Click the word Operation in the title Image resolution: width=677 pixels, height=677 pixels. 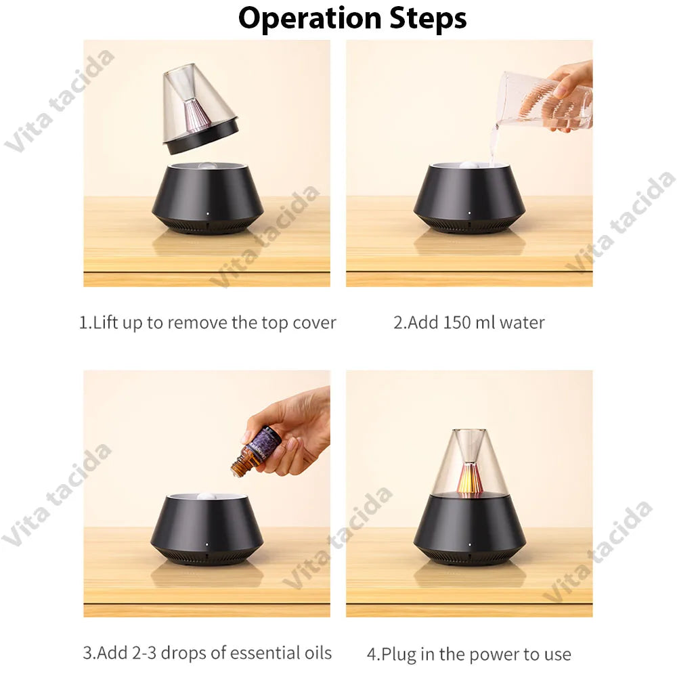point(308,19)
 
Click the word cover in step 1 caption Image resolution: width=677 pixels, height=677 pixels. point(314,323)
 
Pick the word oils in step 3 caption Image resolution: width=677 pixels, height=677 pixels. point(314,653)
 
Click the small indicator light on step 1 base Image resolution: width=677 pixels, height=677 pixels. point(207,219)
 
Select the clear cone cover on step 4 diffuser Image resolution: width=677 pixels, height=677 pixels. point(469,460)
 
